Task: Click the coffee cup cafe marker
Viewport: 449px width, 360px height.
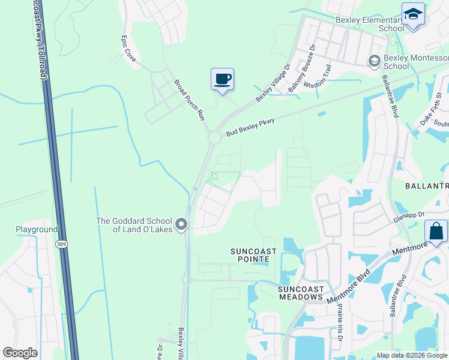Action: click(222, 79)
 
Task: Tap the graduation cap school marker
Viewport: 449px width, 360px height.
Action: click(413, 14)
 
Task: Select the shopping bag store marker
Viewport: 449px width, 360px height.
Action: click(435, 232)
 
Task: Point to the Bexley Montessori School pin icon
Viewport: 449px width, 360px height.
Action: click(373, 61)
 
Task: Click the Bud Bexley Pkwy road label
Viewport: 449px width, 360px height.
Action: click(250, 128)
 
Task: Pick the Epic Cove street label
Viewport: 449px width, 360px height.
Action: click(128, 49)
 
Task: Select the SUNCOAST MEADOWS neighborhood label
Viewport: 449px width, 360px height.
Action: click(301, 292)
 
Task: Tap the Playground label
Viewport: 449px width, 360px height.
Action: click(36, 229)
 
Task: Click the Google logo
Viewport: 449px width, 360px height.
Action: click(20, 353)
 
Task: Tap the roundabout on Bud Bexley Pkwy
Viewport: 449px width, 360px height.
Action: click(214, 139)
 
